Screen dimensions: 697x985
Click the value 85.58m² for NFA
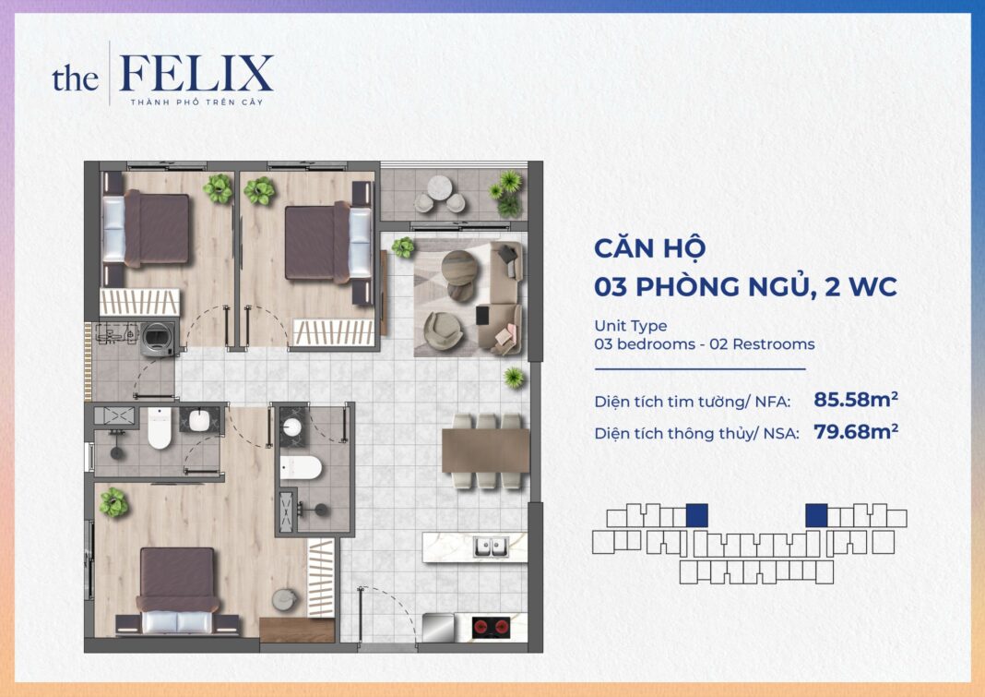(856, 400)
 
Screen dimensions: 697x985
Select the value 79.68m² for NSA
(856, 430)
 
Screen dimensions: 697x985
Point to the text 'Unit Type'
(631, 326)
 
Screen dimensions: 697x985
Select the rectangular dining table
(485, 451)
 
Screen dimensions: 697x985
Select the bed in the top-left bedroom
(149, 228)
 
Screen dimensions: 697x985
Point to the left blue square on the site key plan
(697, 515)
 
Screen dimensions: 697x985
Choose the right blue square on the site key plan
(816, 515)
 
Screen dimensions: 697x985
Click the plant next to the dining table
(514, 376)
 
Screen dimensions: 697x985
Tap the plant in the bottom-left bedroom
(113, 501)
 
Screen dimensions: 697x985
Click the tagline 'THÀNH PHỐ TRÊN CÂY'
(196, 102)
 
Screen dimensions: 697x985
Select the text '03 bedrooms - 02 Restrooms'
(705, 344)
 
